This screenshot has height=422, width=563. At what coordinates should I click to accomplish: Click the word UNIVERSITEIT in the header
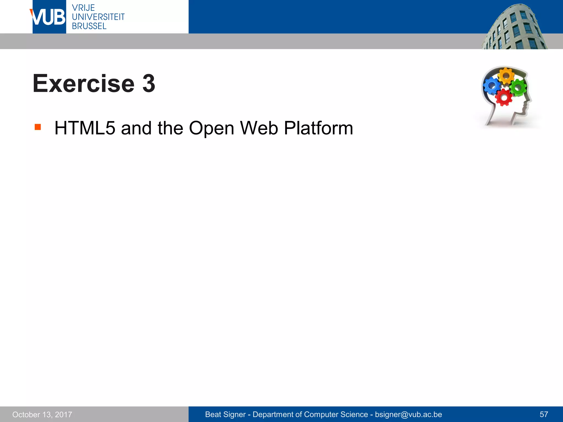pyautogui.click(x=98, y=17)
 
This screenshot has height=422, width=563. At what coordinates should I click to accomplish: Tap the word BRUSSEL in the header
pyautogui.click(x=89, y=26)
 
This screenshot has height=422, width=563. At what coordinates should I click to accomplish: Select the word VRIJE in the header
pyautogui.click(x=83, y=8)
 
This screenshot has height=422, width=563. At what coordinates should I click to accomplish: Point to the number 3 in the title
pyautogui.click(x=149, y=84)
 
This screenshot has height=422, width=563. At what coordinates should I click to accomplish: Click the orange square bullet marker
pyautogui.click(x=38, y=127)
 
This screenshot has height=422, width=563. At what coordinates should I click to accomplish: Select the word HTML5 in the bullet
pyautogui.click(x=85, y=128)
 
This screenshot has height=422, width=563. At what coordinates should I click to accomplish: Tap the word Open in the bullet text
pyautogui.click(x=211, y=129)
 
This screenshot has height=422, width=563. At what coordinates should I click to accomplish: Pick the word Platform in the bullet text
pyautogui.click(x=318, y=128)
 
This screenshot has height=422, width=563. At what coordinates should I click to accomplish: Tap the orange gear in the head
pyautogui.click(x=506, y=76)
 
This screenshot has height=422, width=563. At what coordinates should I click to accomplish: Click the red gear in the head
pyautogui.click(x=504, y=97)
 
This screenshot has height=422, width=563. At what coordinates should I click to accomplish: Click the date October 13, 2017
pyautogui.click(x=42, y=414)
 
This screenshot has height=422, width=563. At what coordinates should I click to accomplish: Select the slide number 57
pyautogui.click(x=544, y=414)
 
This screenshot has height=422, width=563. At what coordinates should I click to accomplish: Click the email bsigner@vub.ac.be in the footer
pyautogui.click(x=408, y=414)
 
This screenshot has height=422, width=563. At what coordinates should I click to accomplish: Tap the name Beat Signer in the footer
pyautogui.click(x=225, y=414)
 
